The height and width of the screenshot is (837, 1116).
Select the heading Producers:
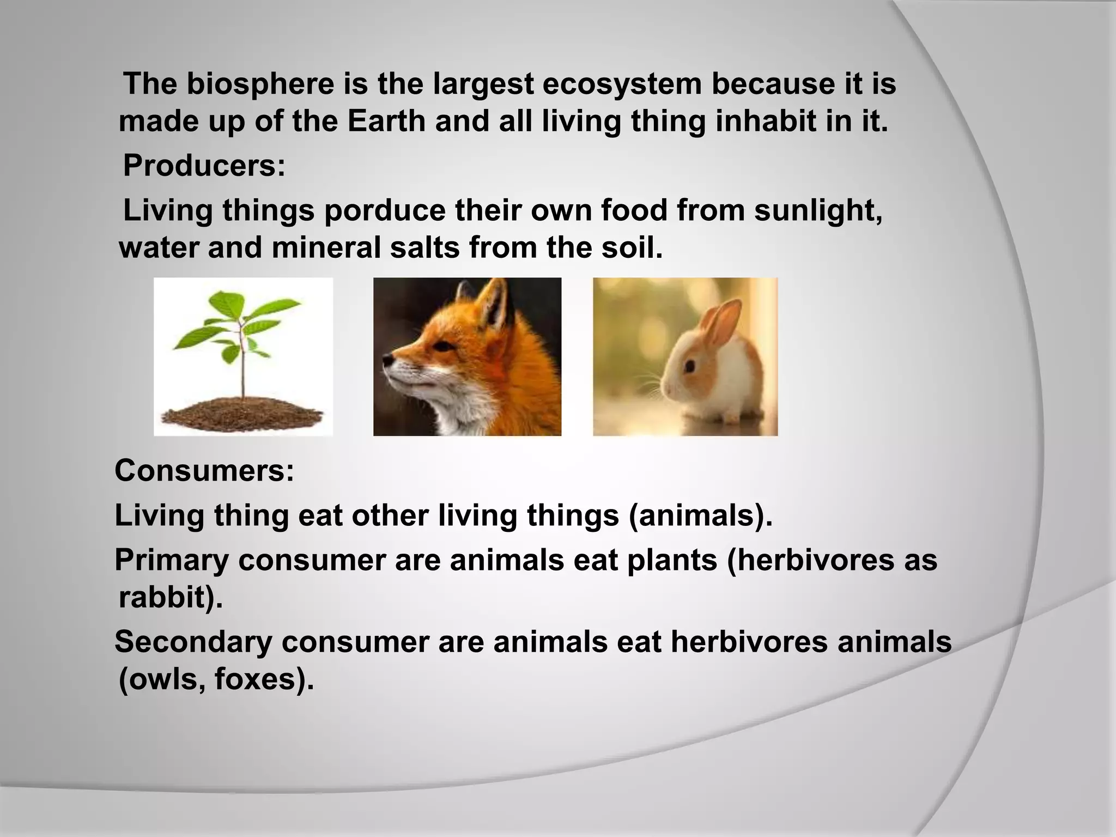click(x=204, y=166)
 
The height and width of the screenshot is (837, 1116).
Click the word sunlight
click(x=817, y=211)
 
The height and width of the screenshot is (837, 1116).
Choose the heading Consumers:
click(x=204, y=471)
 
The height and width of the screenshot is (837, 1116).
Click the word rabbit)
click(x=171, y=598)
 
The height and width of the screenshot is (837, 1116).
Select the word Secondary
click(x=193, y=642)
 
